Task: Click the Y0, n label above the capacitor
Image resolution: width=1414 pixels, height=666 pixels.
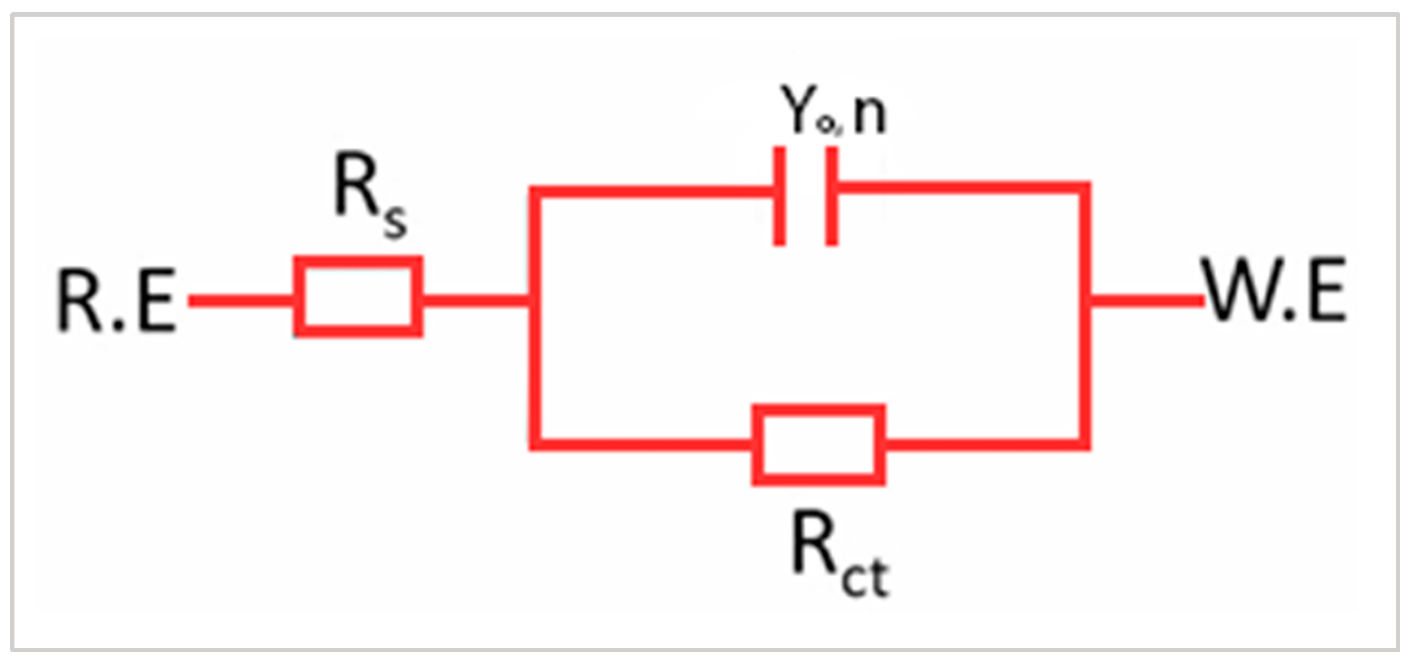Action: pos(833,111)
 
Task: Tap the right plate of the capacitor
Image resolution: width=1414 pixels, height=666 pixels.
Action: pos(831,195)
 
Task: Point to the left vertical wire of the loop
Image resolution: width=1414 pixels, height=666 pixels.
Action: pos(534,368)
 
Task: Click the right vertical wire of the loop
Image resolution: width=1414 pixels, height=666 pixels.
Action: pos(1084,368)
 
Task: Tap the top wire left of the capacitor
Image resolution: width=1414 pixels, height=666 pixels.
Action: pos(651,192)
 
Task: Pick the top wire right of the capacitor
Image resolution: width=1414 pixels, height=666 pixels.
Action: pos(958,188)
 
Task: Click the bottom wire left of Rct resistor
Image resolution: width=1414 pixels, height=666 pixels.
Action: pos(640,444)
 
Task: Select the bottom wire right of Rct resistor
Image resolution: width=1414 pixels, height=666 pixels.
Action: pos(985,444)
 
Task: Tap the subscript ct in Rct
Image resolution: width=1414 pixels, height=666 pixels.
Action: pos(865,579)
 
